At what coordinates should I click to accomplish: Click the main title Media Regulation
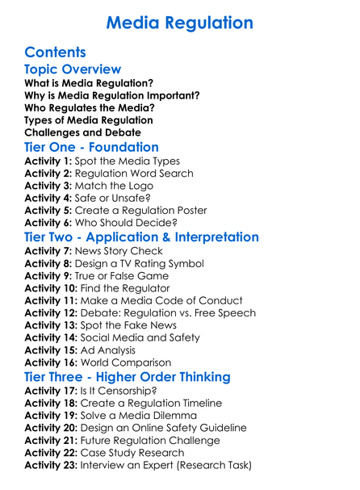tap(180, 22)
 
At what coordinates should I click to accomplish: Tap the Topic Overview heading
tap(73, 70)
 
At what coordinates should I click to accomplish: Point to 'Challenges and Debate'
tap(83, 132)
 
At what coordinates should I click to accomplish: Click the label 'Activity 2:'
tap(47, 173)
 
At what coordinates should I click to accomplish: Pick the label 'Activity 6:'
tap(47, 222)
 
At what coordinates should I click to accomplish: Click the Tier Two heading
tap(142, 237)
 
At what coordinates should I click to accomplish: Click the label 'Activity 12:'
tap(50, 312)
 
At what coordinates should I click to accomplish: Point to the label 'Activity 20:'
tap(50, 428)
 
